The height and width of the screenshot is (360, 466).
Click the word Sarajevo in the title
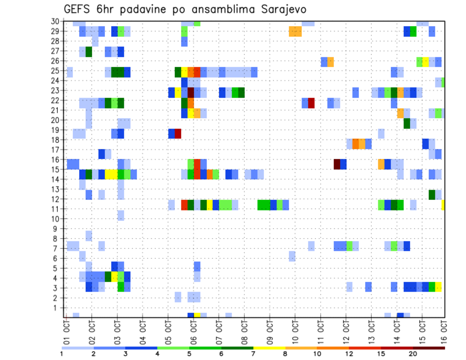(x=275, y=9)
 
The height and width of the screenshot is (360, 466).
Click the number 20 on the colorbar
(x=413, y=354)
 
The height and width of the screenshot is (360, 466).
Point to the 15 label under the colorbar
(x=382, y=354)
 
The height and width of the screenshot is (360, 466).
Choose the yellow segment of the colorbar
(x=269, y=348)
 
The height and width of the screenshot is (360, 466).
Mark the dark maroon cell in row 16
(x=337, y=164)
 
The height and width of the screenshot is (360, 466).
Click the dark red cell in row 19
(x=178, y=133)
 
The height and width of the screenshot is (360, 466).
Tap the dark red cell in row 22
(x=311, y=103)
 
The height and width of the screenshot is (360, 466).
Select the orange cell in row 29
(x=295, y=32)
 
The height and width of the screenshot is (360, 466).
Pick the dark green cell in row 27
(x=89, y=51)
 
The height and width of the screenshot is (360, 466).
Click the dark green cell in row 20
(x=407, y=123)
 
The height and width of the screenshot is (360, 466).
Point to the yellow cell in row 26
(x=426, y=62)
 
